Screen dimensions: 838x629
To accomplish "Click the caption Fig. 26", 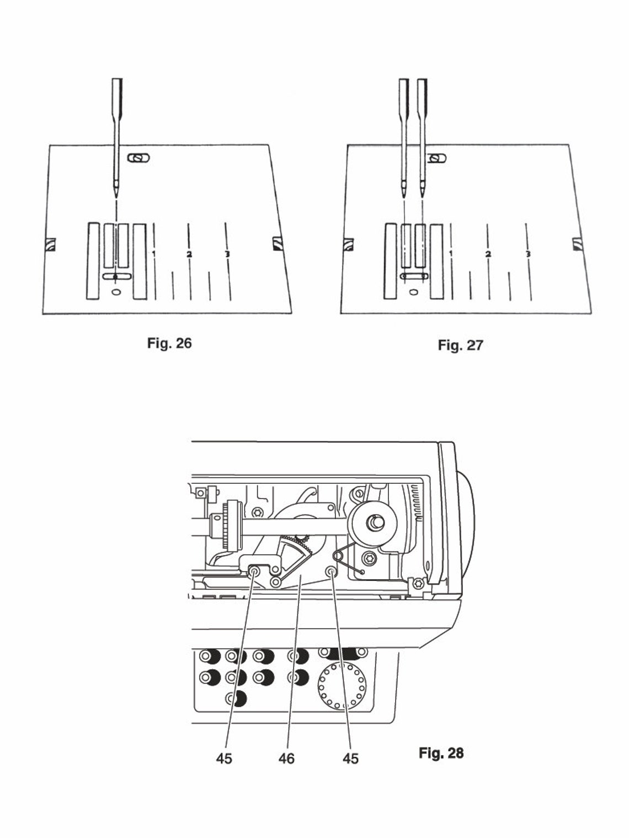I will point(169,343).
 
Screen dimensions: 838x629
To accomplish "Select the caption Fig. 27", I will point(460,345).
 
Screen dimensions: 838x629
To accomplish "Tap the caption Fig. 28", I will point(441,753).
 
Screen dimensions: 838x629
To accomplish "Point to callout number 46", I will point(286,759).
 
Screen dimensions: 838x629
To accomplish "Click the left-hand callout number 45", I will point(224,759).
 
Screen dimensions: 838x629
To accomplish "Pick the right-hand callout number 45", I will point(350,759).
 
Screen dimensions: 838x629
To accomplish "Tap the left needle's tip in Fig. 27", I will point(404,196).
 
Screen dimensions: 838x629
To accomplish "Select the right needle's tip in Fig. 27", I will point(423,196).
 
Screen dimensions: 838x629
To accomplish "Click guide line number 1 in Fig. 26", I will point(153,253).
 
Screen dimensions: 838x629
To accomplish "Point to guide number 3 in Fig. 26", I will point(227,254).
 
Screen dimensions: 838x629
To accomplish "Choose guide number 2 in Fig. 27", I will point(488,254).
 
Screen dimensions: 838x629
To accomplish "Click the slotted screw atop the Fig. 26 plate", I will point(138,158).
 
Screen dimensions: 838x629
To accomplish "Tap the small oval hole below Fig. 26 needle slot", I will point(115,292).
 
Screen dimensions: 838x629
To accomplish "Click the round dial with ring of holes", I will point(342,686).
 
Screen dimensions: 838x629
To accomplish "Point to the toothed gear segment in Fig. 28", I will point(295,552).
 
